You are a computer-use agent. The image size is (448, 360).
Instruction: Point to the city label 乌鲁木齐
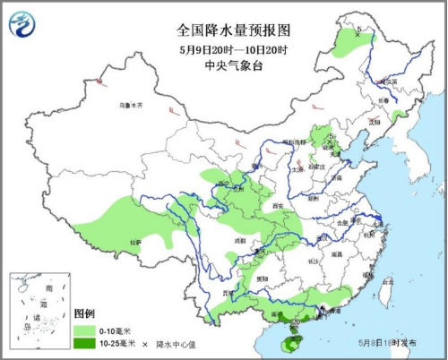(x=132, y=106)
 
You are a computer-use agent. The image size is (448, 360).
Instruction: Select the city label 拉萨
(x=135, y=242)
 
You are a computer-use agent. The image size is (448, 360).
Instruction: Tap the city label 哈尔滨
(x=386, y=81)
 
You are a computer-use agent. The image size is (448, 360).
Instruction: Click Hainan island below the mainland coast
(x=292, y=336)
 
